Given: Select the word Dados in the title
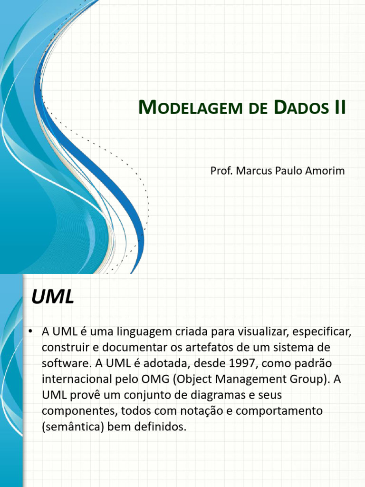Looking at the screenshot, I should click(x=300, y=108).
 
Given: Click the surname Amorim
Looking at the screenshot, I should click(x=326, y=170).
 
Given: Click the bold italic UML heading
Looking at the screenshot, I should click(x=53, y=298).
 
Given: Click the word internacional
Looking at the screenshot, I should click(x=75, y=379).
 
